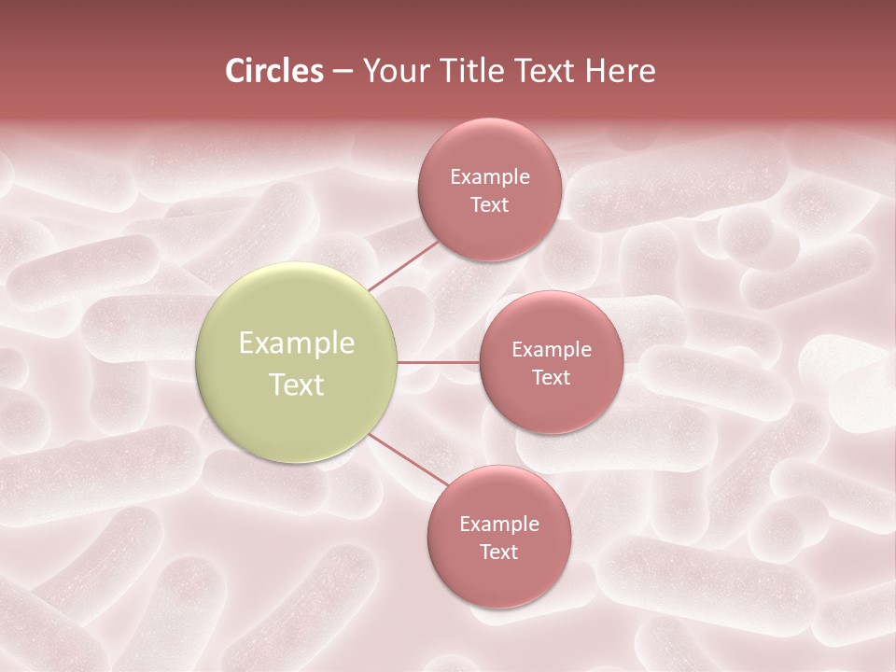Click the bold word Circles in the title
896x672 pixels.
coord(274,71)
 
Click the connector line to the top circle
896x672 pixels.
coord(403,264)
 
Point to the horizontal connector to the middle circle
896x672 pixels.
coord(439,362)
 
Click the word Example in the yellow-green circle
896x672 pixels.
coord(297,343)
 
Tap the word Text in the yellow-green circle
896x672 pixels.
coord(297,385)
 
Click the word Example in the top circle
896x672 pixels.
coord(490,177)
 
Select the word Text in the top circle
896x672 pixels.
coord(489,205)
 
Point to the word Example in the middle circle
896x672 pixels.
coord(552,350)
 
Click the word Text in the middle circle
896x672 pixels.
coord(551,378)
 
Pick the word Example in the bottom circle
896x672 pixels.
coord(499,525)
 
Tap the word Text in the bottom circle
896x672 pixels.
coord(498,553)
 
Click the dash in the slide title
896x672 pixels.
coord(343,73)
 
